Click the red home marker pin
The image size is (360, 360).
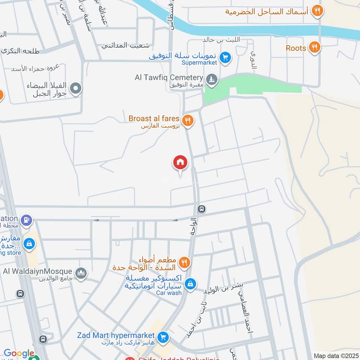[180, 163]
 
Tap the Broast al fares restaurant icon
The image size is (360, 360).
[188, 120]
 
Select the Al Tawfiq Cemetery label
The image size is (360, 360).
[169, 77]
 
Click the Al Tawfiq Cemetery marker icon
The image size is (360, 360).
[211, 81]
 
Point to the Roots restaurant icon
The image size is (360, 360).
[315, 47]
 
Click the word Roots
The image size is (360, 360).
[296, 48]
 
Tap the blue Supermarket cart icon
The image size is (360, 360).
[225, 57]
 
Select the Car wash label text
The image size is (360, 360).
[169, 292]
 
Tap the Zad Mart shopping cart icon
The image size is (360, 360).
[163, 337]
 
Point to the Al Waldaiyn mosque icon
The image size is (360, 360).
[81, 272]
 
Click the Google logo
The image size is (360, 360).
[19, 354]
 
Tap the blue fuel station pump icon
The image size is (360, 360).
[27, 220]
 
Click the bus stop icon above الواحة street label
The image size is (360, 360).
[202, 209]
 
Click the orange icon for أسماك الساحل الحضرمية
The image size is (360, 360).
[318, 10]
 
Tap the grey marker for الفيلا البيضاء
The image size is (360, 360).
[76, 89]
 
